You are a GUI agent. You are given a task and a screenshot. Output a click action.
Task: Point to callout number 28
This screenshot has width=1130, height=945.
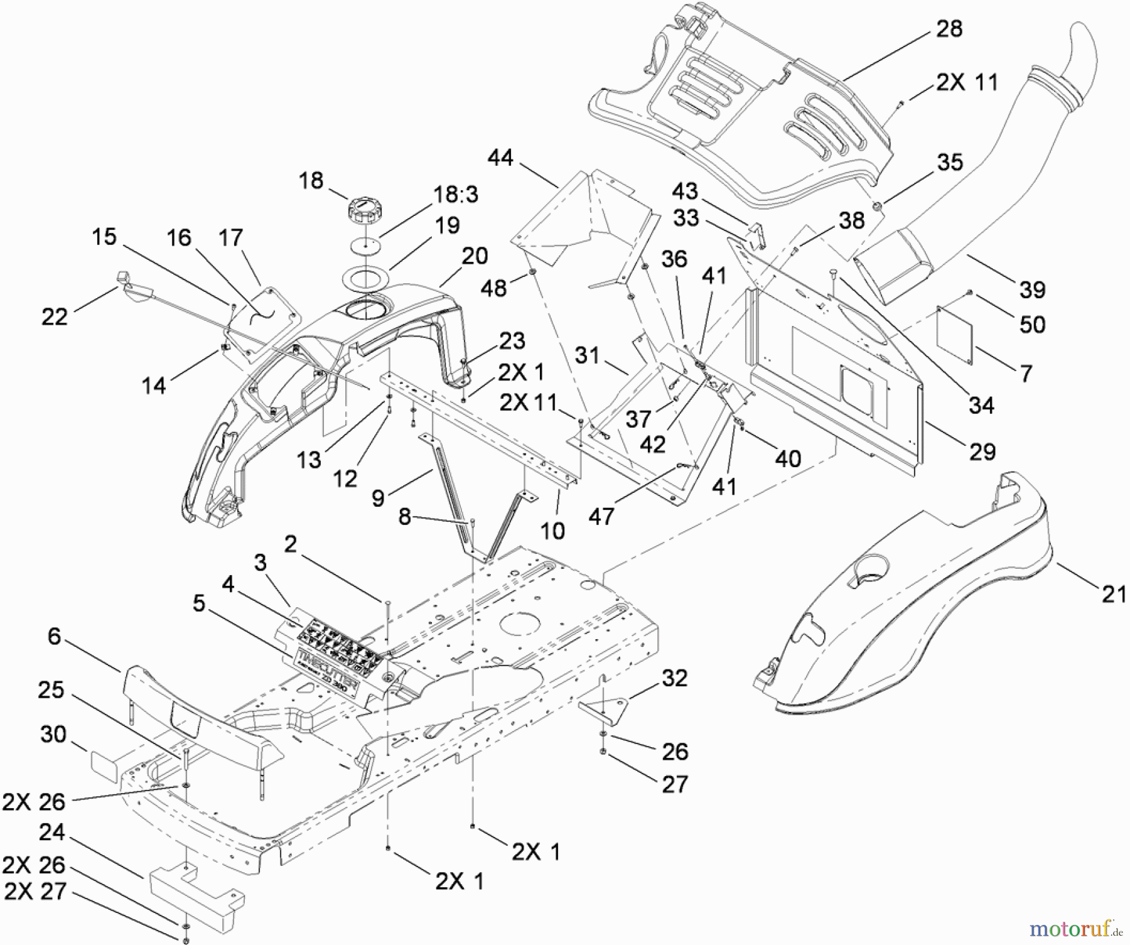949,29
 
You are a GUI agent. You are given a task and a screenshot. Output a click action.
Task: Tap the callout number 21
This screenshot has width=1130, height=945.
1114,593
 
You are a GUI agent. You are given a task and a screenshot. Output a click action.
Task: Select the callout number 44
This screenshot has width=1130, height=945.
501,158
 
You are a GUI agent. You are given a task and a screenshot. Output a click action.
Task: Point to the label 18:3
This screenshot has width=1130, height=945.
456,194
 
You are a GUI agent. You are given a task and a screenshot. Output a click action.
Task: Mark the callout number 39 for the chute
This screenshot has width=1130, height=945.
1033,289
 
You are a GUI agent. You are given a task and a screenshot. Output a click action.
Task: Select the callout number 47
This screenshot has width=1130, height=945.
601,516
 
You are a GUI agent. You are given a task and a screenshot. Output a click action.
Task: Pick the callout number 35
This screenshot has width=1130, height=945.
950,162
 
